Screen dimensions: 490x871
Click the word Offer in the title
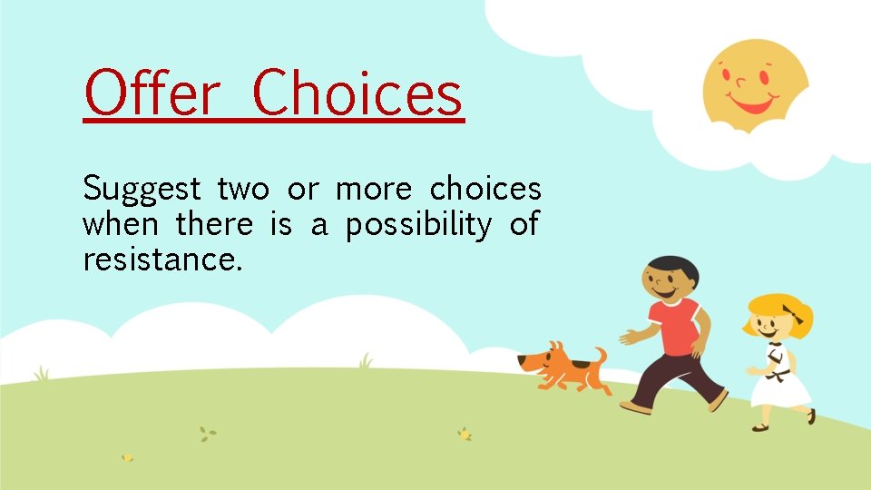tap(152, 94)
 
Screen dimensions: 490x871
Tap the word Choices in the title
tap(357, 94)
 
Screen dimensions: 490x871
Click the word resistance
tap(162, 260)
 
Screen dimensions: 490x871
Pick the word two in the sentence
tap(243, 190)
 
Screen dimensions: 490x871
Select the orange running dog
tap(563, 367)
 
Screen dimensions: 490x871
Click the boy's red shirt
tap(673, 327)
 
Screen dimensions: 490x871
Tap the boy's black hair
tap(672, 268)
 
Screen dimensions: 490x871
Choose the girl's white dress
tap(779, 381)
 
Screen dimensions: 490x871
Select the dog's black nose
tap(521, 360)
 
